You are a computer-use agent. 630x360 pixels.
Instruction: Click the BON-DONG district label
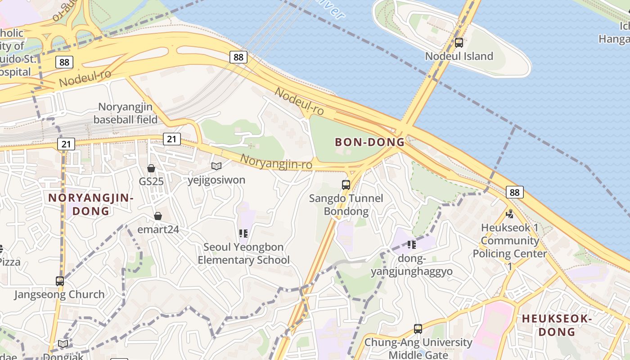click(369, 142)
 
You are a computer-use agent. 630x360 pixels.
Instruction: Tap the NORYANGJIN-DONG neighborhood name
click(91, 204)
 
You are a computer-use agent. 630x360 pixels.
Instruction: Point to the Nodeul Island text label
click(459, 56)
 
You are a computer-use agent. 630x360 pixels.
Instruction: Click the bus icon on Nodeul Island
click(459, 43)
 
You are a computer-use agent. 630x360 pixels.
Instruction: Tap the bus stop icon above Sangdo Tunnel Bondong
click(346, 184)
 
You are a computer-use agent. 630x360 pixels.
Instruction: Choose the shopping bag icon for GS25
click(151, 168)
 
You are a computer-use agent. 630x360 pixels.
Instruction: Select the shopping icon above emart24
click(158, 216)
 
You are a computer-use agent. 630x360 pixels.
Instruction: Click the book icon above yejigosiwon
click(216, 166)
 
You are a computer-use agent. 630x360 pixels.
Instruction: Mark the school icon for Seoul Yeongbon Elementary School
click(243, 233)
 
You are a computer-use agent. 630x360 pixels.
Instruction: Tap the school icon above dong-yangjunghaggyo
click(411, 244)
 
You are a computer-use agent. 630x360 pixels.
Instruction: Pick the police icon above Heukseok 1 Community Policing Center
click(510, 214)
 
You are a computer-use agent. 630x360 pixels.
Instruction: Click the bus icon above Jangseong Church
click(60, 281)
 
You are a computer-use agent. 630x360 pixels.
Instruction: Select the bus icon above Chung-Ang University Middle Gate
click(418, 329)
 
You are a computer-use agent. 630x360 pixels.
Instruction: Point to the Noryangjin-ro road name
click(276, 162)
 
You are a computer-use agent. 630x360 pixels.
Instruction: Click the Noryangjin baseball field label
click(126, 113)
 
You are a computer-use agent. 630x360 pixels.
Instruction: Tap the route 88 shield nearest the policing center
click(514, 192)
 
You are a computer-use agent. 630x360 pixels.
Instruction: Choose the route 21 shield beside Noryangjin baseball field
click(171, 139)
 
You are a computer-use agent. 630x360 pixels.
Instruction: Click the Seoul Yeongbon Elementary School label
click(243, 253)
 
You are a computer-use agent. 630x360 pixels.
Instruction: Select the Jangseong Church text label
click(59, 295)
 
